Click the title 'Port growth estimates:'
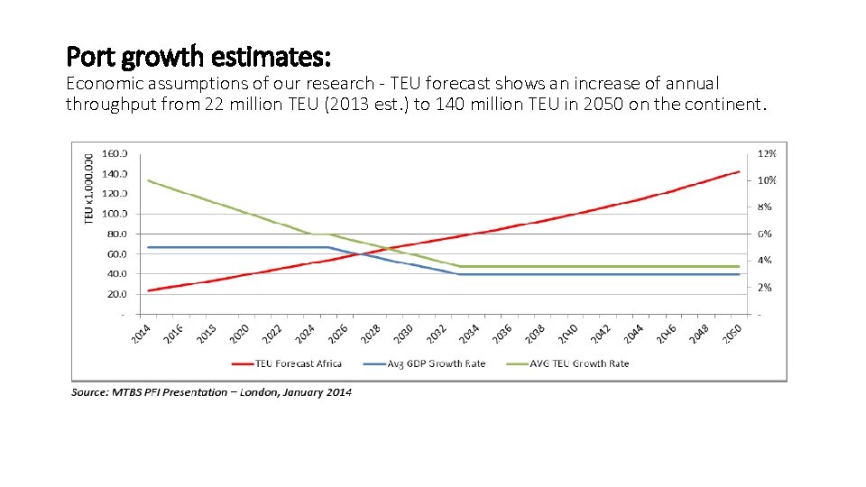click(199, 58)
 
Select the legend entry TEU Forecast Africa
click(298, 363)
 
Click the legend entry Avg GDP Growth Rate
click(436, 363)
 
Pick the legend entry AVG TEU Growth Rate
click(580, 363)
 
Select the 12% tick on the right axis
click(766, 153)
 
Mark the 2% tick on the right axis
click(764, 288)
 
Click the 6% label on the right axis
click(764, 234)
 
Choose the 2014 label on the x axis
click(141, 332)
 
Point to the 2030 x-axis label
click(402, 332)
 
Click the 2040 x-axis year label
click(566, 332)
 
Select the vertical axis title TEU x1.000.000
click(88, 189)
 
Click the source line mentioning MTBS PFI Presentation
click(212, 392)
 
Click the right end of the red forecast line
click(739, 171)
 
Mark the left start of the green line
click(148, 180)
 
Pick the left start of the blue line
click(148, 247)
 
